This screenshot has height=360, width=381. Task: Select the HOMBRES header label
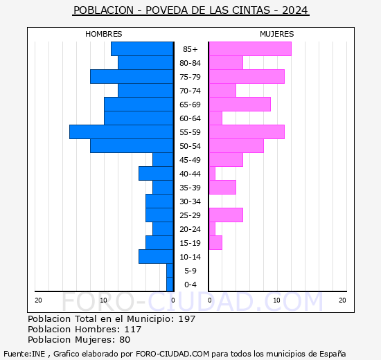point(103,34)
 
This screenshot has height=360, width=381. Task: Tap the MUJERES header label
point(276,34)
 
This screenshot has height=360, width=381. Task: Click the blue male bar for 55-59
point(121,132)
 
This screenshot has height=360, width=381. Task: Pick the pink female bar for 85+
point(249,48)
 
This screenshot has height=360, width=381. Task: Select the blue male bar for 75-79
point(132,76)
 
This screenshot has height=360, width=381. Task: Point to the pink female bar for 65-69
point(239,104)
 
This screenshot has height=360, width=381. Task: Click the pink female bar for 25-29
point(225,215)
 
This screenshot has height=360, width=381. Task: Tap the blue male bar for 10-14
point(156,256)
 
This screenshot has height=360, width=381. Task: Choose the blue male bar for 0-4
point(170,284)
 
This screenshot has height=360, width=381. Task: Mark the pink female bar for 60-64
point(215,118)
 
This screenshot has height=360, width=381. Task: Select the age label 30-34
point(190,201)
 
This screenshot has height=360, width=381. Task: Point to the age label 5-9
point(190,271)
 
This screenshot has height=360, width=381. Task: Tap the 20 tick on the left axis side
point(38,300)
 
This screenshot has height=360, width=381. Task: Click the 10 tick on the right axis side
point(276,300)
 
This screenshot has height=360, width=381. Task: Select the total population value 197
point(186,319)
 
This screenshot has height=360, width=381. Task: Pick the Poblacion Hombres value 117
point(132,330)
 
